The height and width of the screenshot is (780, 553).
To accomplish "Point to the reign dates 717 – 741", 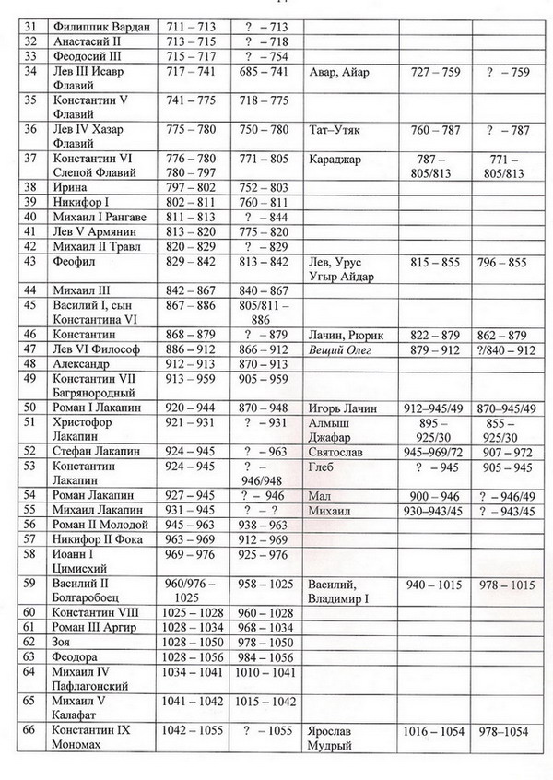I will pos(187,72).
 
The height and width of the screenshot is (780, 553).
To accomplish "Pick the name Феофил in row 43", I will pos(76,263).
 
